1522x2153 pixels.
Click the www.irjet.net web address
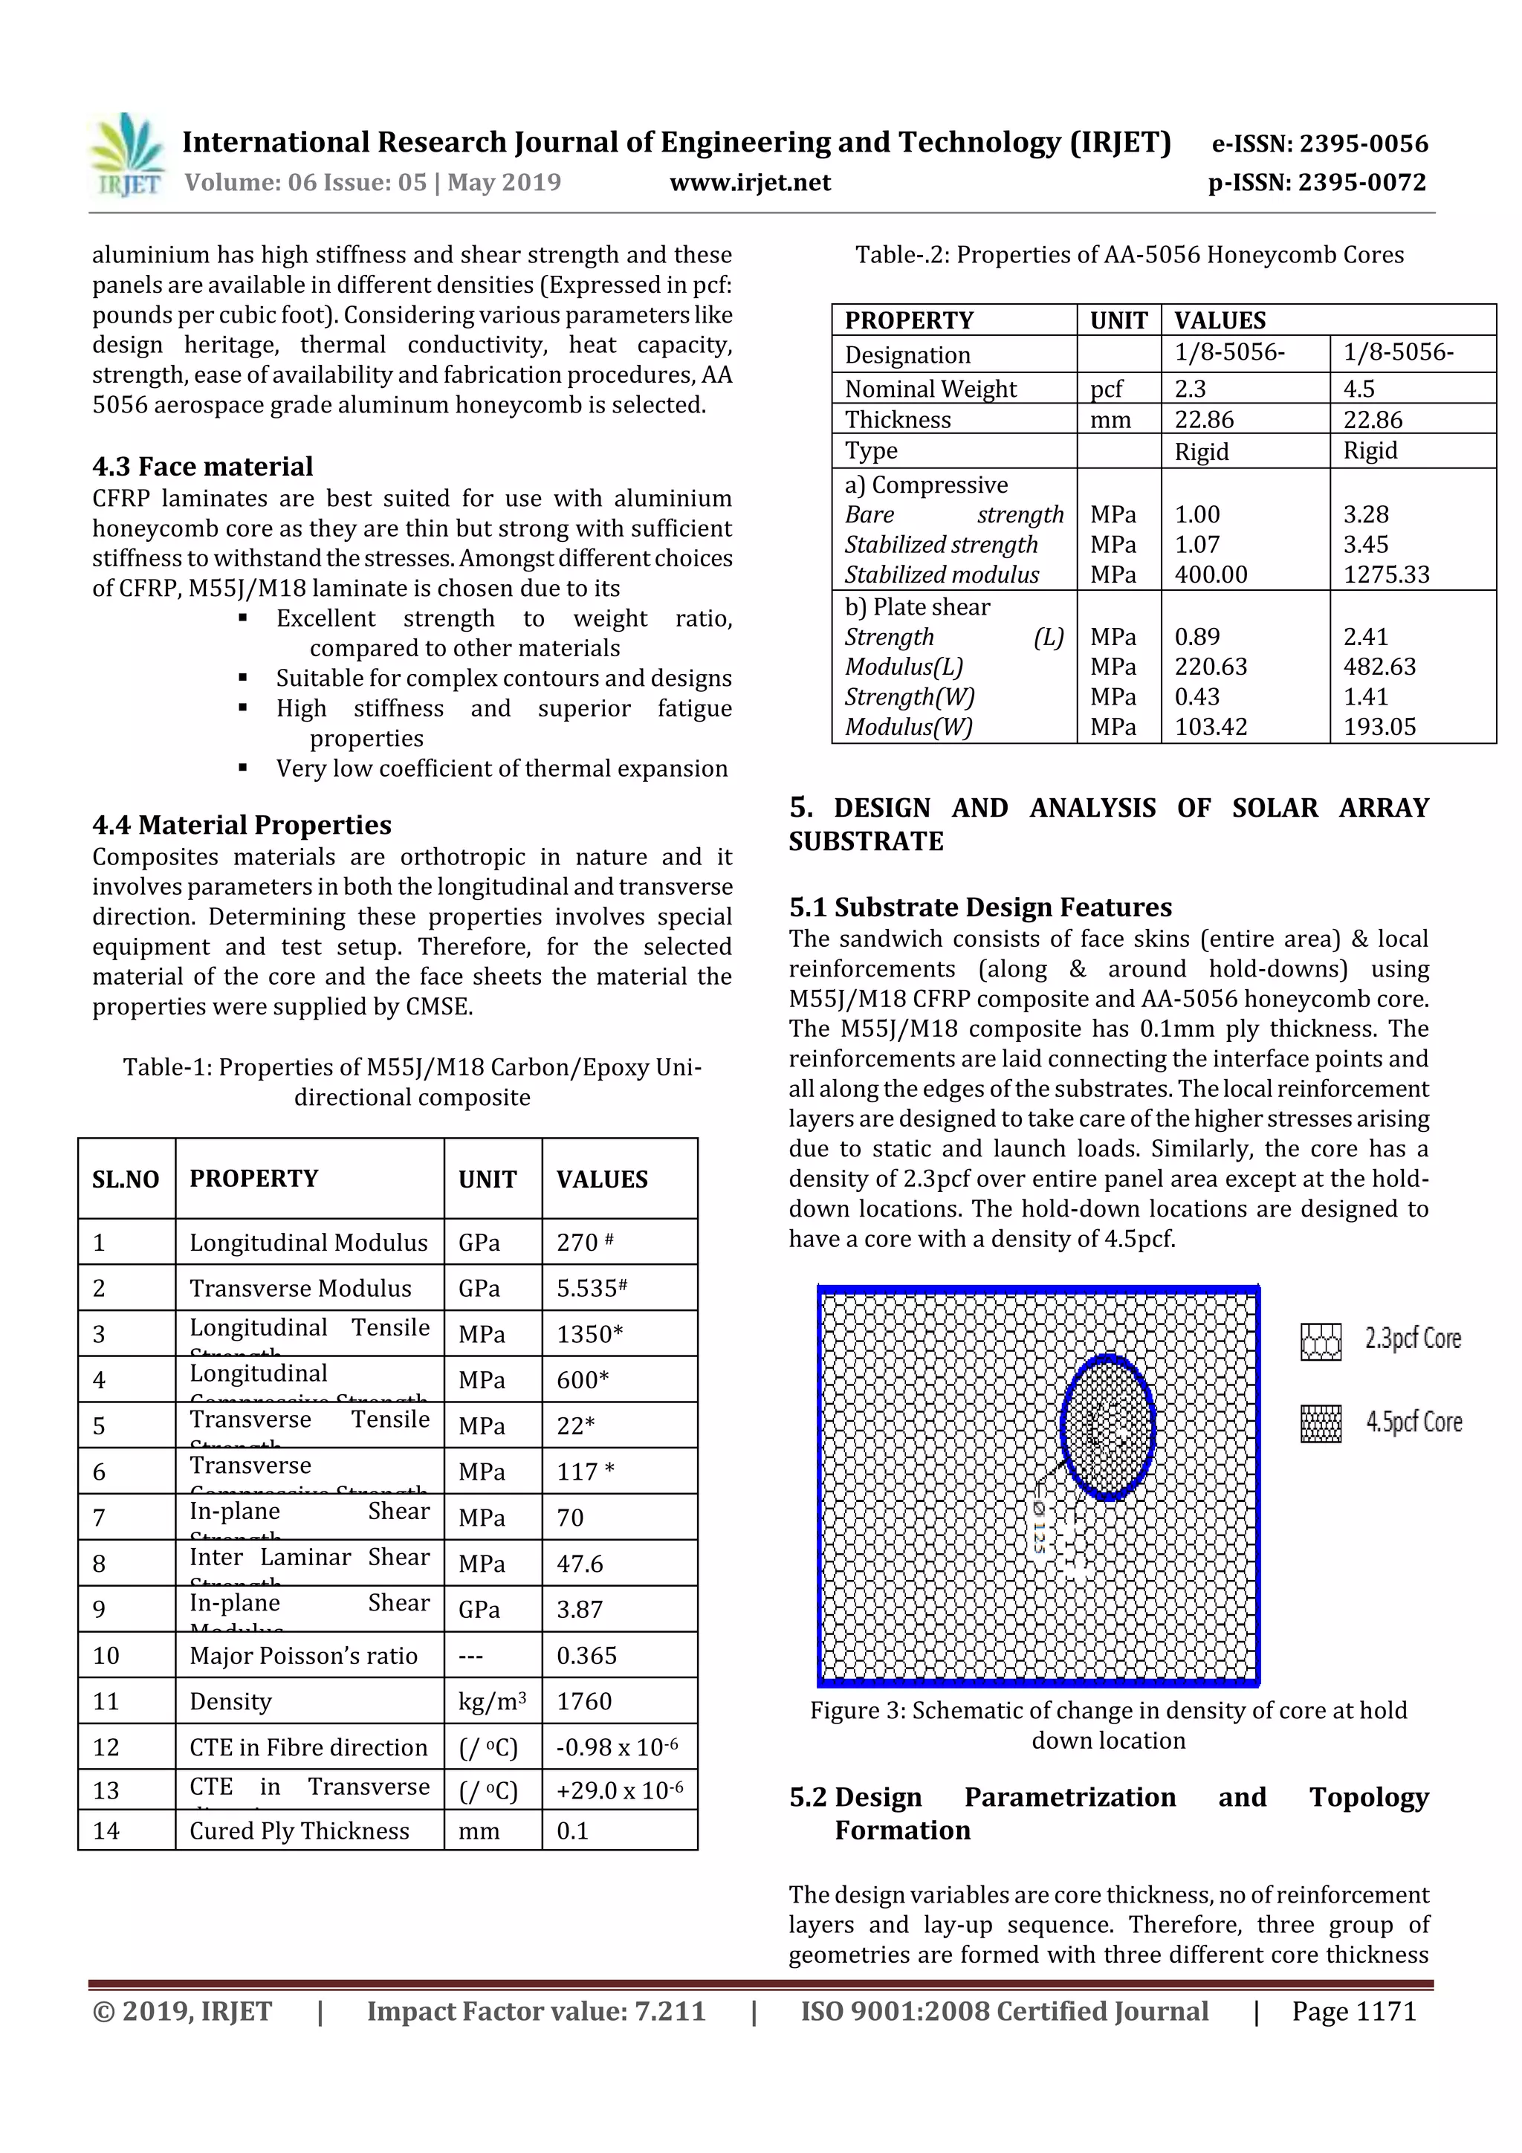point(749,182)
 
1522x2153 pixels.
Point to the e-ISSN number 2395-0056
point(1319,143)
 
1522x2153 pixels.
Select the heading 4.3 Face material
point(203,466)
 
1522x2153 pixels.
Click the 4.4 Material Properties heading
point(242,824)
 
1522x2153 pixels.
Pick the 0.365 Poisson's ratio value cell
point(587,1655)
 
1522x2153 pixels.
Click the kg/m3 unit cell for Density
point(491,1701)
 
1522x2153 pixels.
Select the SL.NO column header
point(126,1179)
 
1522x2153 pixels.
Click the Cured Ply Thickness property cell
point(299,1830)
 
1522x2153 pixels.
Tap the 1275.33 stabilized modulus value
point(1386,574)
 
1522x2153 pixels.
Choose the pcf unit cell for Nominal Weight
point(1107,388)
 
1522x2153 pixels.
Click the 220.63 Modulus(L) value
point(1211,666)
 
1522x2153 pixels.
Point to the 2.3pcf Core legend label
point(1412,1338)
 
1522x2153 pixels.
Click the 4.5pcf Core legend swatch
point(1321,1423)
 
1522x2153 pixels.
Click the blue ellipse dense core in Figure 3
point(1107,1427)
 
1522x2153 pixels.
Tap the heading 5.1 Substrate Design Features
point(980,907)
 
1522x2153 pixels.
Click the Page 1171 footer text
point(1353,2010)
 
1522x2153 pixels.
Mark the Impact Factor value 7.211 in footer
point(536,2010)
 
